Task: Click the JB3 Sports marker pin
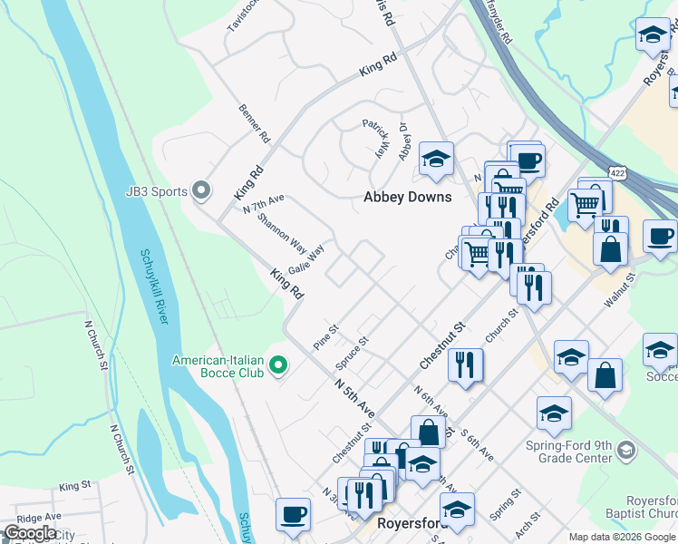coord(201,191)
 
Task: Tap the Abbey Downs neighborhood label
coord(407,197)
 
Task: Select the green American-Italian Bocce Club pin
coord(279,365)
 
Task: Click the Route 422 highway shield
coord(617,171)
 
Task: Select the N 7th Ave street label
coord(264,203)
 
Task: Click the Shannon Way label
coord(281,231)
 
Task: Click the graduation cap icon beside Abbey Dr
coord(436,159)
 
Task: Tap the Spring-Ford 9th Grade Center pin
coord(625,451)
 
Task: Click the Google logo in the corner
coord(30,533)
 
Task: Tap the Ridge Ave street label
coord(38,517)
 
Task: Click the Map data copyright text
coord(622,537)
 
